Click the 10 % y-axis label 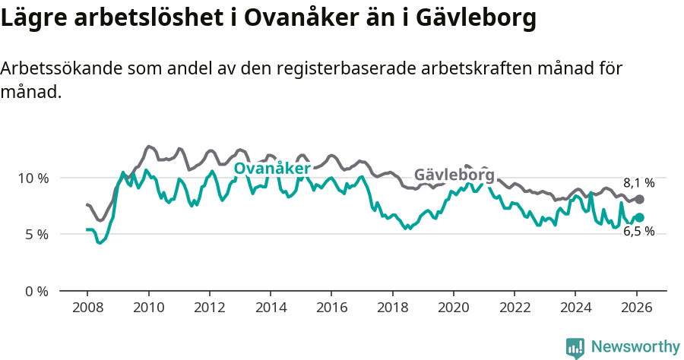[32, 178]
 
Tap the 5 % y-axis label [35, 235]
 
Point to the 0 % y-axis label [35, 292]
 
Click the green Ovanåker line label [272, 169]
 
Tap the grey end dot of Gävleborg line [639, 199]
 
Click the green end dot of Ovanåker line [639, 218]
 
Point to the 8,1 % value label [638, 183]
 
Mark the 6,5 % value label [638, 232]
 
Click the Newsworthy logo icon [575, 348]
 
